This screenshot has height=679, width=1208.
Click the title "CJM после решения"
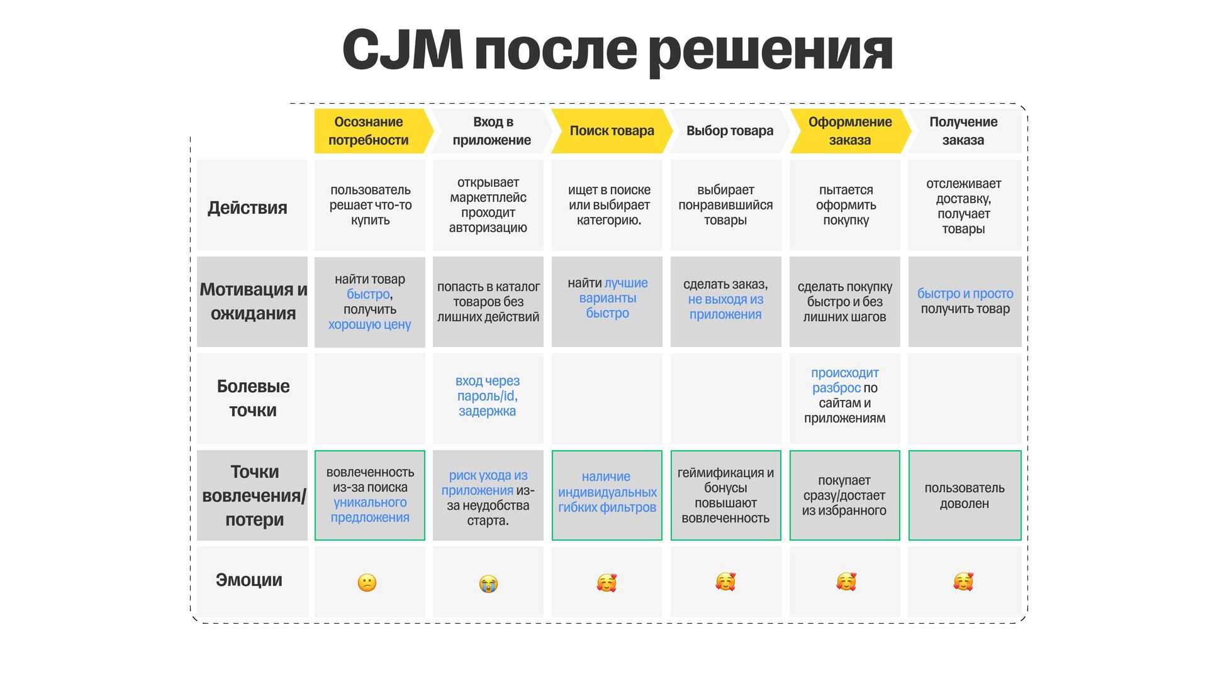pyautogui.click(x=617, y=50)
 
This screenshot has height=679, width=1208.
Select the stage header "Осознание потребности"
pyautogui.click(x=369, y=131)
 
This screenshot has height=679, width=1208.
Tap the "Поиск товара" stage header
pyautogui.click(x=612, y=131)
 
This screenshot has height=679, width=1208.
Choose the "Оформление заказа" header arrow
pyautogui.click(x=849, y=131)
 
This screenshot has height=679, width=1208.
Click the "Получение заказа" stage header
pyautogui.click(x=963, y=131)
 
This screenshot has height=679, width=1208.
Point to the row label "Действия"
pyautogui.click(x=247, y=207)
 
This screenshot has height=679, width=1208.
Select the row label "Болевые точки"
pyautogui.click(x=253, y=398)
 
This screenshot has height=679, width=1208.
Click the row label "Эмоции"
pyautogui.click(x=249, y=580)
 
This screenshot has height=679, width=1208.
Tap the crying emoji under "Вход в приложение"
pyautogui.click(x=488, y=584)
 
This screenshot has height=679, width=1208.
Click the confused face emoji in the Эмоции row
pyautogui.click(x=367, y=583)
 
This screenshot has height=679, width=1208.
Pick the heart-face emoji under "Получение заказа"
pyautogui.click(x=963, y=582)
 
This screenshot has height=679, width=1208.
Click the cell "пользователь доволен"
pyautogui.click(x=965, y=495)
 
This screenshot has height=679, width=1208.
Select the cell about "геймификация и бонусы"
pyautogui.click(x=725, y=495)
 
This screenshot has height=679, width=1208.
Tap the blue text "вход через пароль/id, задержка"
pyautogui.click(x=488, y=396)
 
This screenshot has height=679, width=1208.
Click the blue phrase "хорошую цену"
pyautogui.click(x=369, y=324)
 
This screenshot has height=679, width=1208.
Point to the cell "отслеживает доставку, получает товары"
pyautogui.click(x=963, y=206)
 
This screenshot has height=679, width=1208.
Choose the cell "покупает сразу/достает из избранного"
pyautogui.click(x=844, y=495)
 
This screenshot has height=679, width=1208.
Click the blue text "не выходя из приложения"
pyautogui.click(x=725, y=307)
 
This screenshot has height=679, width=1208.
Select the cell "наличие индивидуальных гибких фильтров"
pyautogui.click(x=607, y=492)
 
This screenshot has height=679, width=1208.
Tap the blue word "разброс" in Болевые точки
pyautogui.click(x=836, y=388)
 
